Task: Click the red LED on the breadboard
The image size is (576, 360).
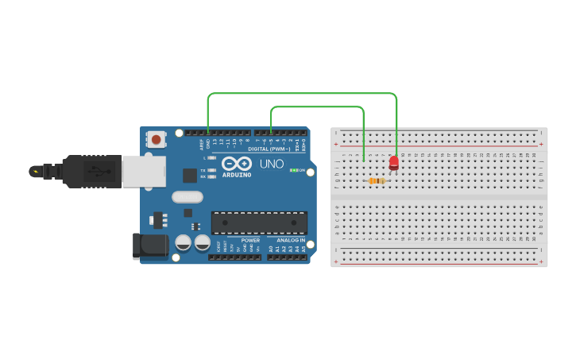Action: (x=394, y=162)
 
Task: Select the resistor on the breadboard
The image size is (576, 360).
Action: (x=377, y=181)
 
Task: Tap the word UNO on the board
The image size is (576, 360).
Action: (x=272, y=164)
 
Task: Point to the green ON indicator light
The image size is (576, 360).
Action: (x=293, y=170)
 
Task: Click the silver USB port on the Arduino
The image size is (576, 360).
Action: (x=144, y=171)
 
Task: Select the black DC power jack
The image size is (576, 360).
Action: (x=150, y=246)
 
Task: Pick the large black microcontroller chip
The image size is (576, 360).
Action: (x=259, y=223)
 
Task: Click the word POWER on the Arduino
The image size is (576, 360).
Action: (x=250, y=240)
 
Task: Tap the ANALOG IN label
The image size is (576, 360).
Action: (x=291, y=240)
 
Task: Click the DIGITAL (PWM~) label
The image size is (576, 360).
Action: (x=269, y=149)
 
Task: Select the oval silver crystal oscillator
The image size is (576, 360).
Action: (x=187, y=197)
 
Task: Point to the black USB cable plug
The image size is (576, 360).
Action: (x=92, y=171)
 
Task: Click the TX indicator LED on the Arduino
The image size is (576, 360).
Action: (x=211, y=170)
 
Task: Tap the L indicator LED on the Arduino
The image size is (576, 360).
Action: (x=211, y=158)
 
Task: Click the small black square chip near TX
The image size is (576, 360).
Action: (x=190, y=176)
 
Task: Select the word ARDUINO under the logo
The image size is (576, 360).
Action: (x=238, y=175)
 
